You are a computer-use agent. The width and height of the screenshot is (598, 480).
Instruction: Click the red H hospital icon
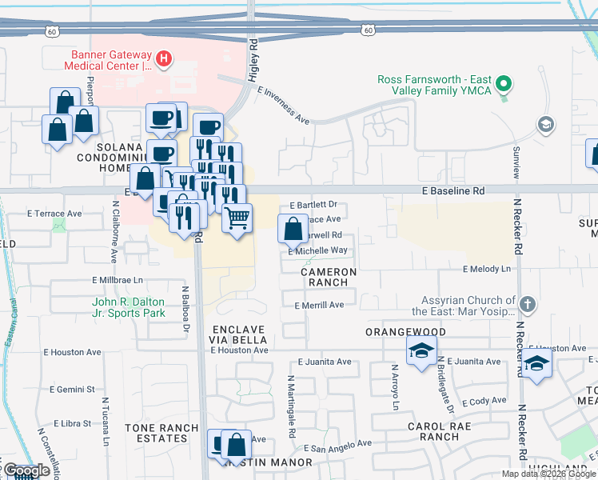pyautogui.click(x=164, y=58)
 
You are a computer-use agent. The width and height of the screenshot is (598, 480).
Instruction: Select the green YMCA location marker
pyautogui.click(x=504, y=83)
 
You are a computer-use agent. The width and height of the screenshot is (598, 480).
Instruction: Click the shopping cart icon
pyautogui.click(x=237, y=216)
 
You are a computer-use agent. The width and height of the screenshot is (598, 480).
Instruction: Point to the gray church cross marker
pyautogui.click(x=526, y=304)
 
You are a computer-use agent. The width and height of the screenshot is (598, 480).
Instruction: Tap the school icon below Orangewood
pyautogui.click(x=421, y=350)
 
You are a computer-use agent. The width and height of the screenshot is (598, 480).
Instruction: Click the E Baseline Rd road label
pyautogui.click(x=453, y=191)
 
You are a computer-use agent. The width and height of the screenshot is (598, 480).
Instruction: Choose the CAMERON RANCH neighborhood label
pyautogui.click(x=329, y=277)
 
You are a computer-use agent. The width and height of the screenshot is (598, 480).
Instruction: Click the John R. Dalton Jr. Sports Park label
pyautogui.click(x=129, y=307)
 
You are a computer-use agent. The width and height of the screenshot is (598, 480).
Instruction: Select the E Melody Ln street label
pyautogui.click(x=485, y=269)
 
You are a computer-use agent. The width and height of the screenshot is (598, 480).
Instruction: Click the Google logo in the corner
pyautogui.click(x=26, y=470)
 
